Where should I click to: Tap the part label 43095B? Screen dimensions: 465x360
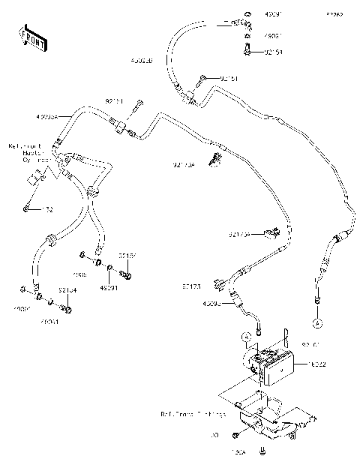(x=141, y=60)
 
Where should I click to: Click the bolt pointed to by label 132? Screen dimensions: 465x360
(x=28, y=206)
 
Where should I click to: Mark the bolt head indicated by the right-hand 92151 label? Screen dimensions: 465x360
(x=202, y=77)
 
